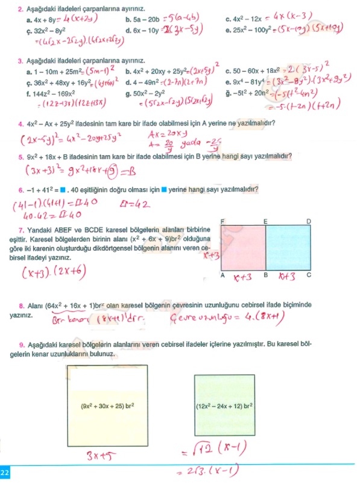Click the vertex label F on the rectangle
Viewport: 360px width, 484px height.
click(x=223, y=221)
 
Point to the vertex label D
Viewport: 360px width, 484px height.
click(x=309, y=221)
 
